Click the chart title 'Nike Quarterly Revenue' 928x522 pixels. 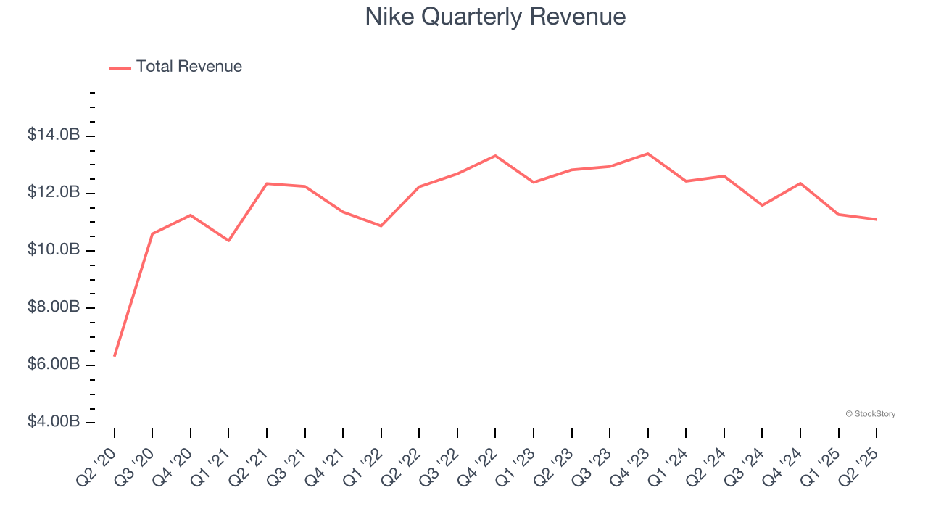pyautogui.click(x=495, y=17)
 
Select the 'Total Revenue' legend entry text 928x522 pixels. pyautogui.click(x=188, y=67)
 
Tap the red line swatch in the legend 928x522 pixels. pyautogui.click(x=120, y=67)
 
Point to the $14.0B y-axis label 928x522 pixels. pyautogui.click(x=54, y=135)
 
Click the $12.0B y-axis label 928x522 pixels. pyautogui.click(x=54, y=192)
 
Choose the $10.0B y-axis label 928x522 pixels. pyautogui.click(x=54, y=249)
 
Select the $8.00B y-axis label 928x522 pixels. pyautogui.click(x=54, y=307)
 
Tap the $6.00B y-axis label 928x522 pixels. pyautogui.click(x=54, y=364)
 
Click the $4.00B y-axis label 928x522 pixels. pyautogui.click(x=54, y=421)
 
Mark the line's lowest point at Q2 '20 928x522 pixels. pyautogui.click(x=115, y=355)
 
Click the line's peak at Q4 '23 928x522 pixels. pyautogui.click(x=647, y=154)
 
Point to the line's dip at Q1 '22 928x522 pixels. pyautogui.click(x=381, y=225)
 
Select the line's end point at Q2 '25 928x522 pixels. pyautogui.click(x=876, y=219)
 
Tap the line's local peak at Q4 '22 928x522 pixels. pyautogui.click(x=495, y=156)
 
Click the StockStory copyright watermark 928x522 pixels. pyautogui.click(x=870, y=414)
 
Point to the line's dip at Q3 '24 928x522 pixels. pyautogui.click(x=762, y=205)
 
